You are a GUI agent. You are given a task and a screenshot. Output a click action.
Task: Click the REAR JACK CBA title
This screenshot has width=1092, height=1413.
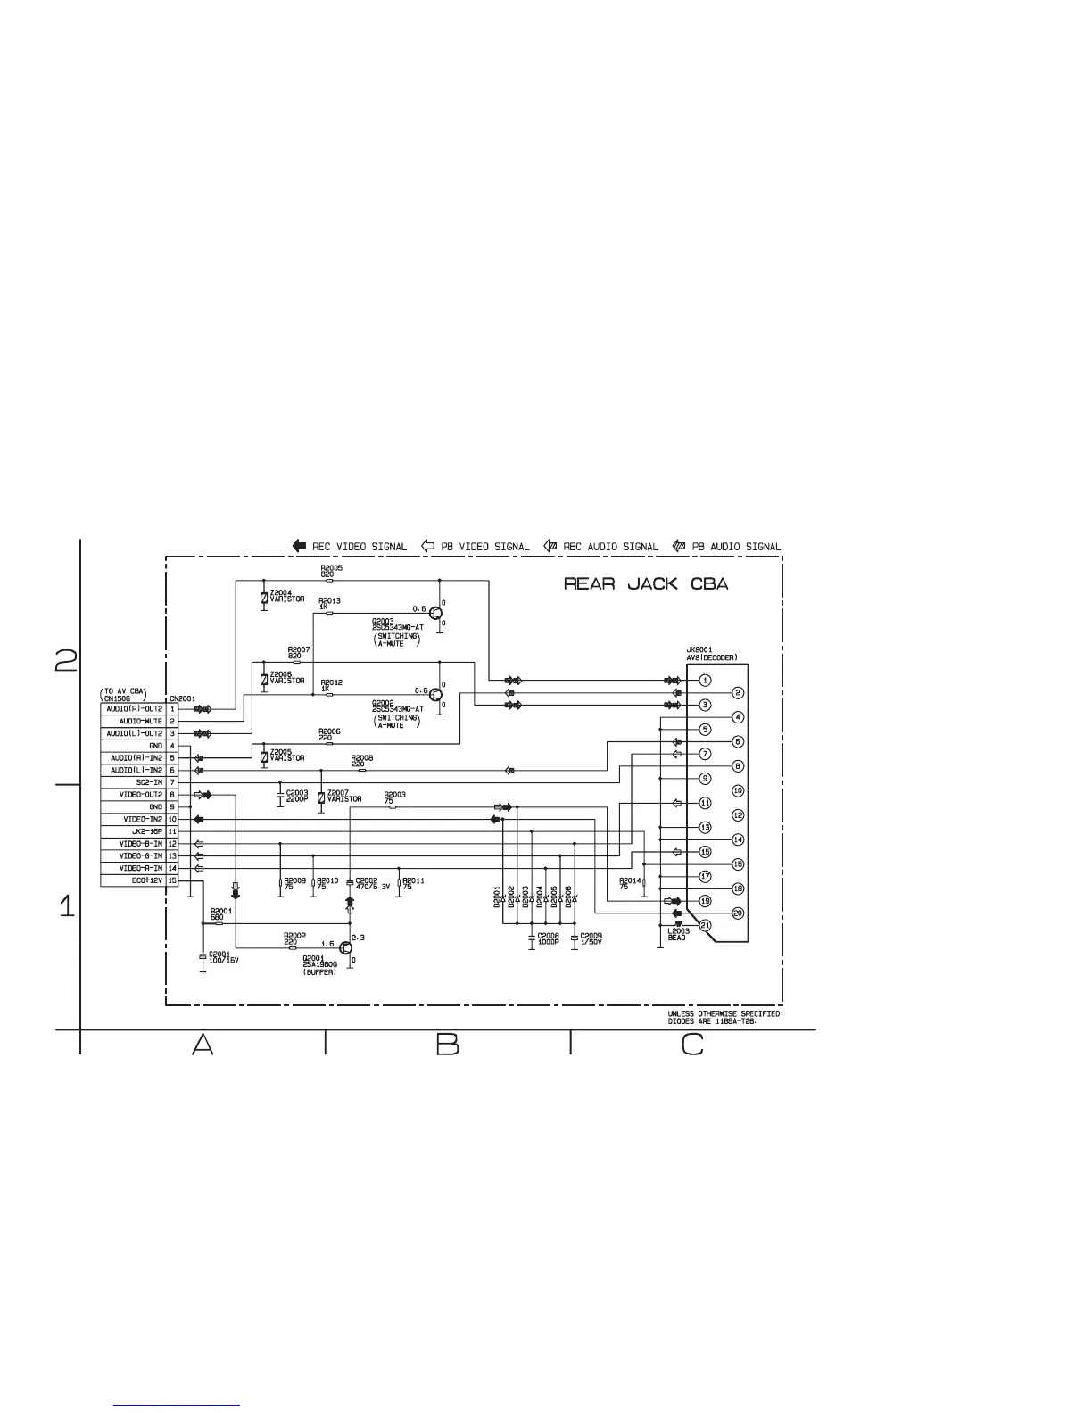click(646, 584)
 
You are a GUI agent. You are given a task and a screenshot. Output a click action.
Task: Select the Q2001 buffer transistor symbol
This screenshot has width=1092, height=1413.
click(345, 947)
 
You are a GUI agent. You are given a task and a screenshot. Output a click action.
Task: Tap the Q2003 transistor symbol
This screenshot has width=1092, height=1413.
click(434, 613)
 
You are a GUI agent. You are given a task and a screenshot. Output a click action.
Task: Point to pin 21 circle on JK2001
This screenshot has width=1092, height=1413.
click(705, 925)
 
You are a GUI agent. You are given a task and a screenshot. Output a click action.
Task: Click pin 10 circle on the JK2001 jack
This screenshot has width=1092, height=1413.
click(738, 790)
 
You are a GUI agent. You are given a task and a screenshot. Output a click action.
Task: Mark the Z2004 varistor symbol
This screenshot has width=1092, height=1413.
click(264, 597)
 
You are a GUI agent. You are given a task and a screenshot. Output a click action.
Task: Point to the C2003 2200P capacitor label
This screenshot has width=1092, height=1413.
click(297, 796)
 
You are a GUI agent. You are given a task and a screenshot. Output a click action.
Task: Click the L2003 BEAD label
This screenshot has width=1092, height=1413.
click(677, 934)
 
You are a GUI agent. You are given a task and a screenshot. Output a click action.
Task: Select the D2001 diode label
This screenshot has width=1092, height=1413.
click(497, 897)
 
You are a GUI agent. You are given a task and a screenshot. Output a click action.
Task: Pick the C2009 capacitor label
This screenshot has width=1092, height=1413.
click(591, 938)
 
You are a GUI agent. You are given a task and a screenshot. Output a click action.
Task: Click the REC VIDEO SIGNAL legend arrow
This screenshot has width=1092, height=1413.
click(299, 546)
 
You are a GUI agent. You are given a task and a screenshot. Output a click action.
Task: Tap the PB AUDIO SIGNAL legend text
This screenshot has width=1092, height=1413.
click(736, 547)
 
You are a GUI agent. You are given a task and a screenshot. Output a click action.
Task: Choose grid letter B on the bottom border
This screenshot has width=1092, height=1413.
click(447, 1044)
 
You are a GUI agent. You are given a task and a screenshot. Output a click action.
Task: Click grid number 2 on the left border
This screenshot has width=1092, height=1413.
click(66, 660)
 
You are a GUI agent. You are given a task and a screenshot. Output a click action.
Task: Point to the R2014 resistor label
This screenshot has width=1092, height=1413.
click(630, 883)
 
